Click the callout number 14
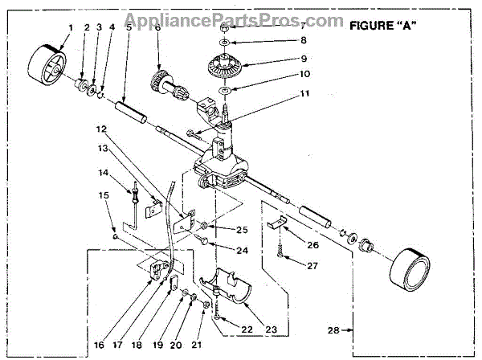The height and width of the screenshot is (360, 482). (103, 173)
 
